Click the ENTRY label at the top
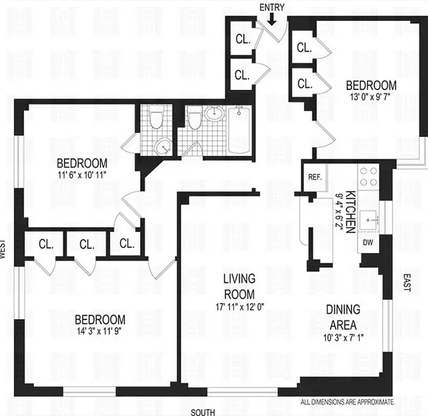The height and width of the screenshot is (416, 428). pyautogui.click(x=271, y=7)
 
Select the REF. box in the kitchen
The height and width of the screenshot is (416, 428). pyautogui.click(x=314, y=178)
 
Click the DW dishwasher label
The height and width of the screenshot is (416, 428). pyautogui.click(x=368, y=242)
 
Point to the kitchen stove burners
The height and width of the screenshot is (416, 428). pyautogui.click(x=368, y=176)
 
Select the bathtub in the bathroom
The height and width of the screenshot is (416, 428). pyautogui.click(x=239, y=130)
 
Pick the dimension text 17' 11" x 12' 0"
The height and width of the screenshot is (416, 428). pyautogui.click(x=240, y=308)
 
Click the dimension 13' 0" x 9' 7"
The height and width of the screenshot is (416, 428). pyautogui.click(x=371, y=97)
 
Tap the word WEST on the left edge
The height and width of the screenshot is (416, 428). pyautogui.click(x=4, y=249)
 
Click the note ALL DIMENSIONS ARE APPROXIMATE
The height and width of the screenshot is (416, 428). pyautogui.click(x=347, y=402)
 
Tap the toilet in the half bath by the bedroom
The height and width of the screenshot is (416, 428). pyautogui.click(x=156, y=120)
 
